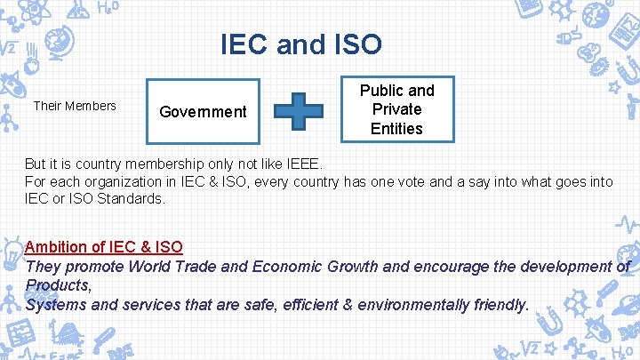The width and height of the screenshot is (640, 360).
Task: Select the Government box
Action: click(203, 111)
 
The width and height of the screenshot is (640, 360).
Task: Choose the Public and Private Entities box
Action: click(396, 109)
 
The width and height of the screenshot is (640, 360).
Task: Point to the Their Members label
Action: click(75, 106)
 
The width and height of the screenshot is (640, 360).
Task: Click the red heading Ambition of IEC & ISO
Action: click(104, 246)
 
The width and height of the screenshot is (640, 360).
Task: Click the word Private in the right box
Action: click(396, 109)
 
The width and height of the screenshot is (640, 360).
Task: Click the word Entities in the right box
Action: click(396, 128)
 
